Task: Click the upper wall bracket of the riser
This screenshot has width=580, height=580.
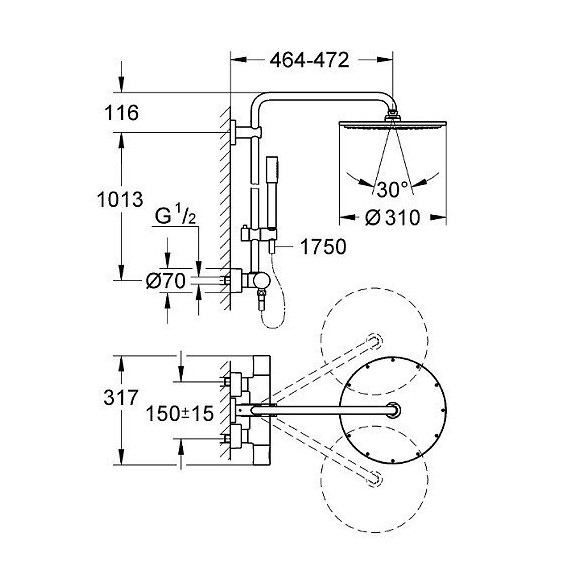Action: point(236,130)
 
